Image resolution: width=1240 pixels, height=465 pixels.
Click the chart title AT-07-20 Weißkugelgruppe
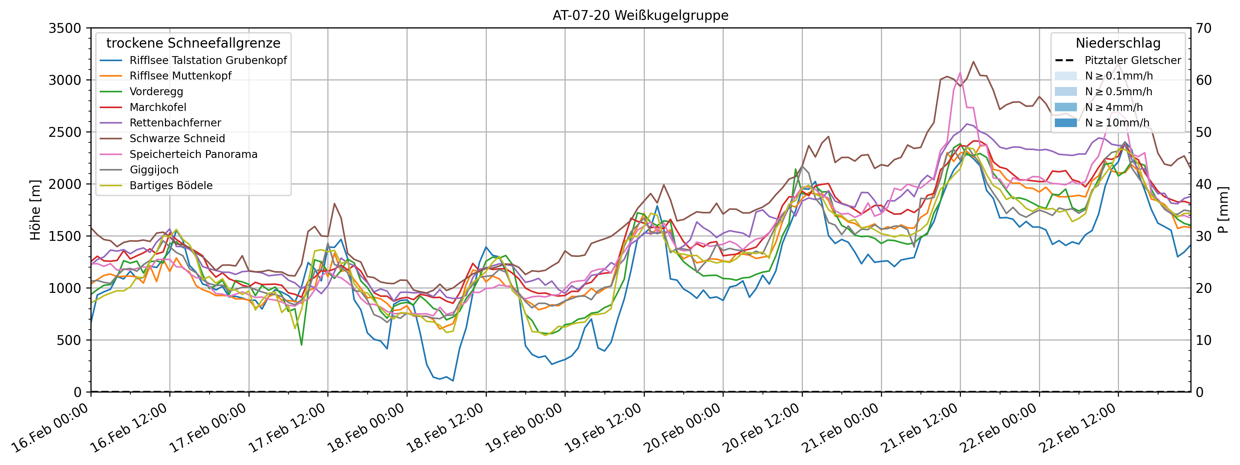640,15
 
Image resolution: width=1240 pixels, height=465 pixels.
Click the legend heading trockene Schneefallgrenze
193,43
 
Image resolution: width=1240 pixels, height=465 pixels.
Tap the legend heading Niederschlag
1118,43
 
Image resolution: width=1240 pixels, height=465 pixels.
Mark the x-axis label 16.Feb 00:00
50,429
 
